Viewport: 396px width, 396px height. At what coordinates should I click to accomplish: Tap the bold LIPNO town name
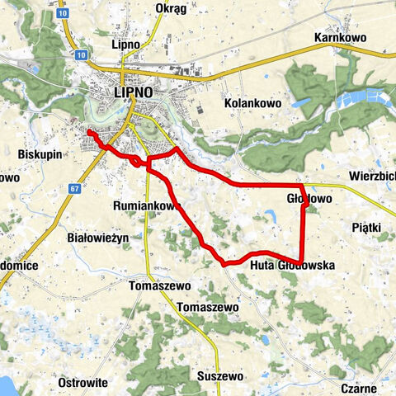coord(133,93)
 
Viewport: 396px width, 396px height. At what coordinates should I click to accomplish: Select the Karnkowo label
coord(339,38)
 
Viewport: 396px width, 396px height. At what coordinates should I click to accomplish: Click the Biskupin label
coord(39,153)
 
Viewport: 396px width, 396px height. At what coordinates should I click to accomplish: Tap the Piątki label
coord(364,226)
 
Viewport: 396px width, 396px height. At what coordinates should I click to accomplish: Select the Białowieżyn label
coord(98,238)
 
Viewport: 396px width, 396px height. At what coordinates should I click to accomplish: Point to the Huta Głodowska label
coord(291,266)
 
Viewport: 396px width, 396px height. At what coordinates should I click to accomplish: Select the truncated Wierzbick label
coord(371,176)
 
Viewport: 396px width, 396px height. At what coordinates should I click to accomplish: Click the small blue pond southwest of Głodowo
coord(270,217)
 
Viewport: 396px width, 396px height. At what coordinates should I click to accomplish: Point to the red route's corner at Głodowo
coord(303,186)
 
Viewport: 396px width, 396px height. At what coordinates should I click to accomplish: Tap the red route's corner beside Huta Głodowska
coord(302,262)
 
